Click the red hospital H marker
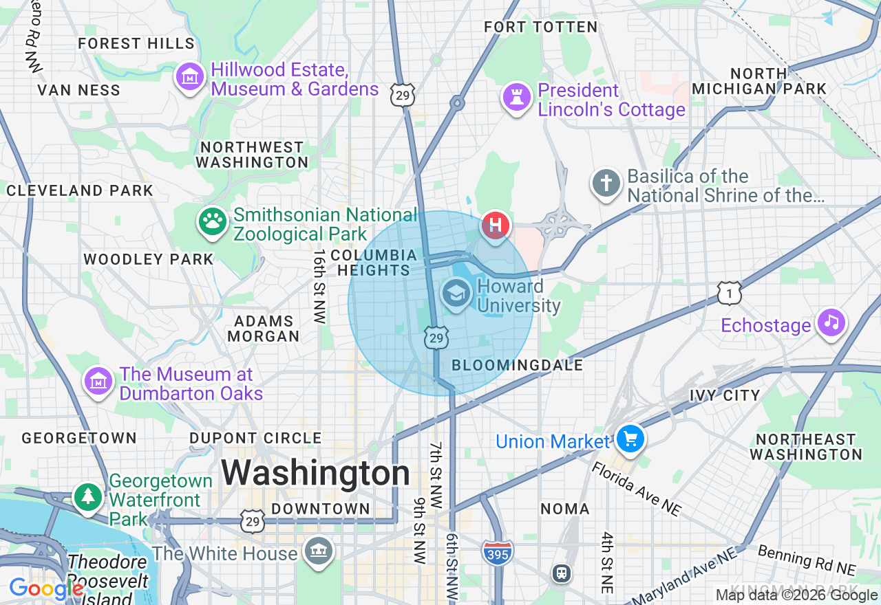pyautogui.click(x=495, y=225)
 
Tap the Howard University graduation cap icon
pyautogui.click(x=455, y=295)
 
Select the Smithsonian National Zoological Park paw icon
pyautogui.click(x=213, y=222)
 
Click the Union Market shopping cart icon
pyautogui.click(x=630, y=439)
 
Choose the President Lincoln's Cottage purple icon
pyautogui.click(x=516, y=97)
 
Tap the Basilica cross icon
pyautogui.click(x=606, y=184)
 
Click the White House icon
pyautogui.click(x=319, y=552)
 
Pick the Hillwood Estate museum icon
pyautogui.click(x=189, y=77)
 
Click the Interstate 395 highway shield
pyautogui.click(x=497, y=552)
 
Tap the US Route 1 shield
pyautogui.click(x=730, y=293)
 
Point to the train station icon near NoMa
pyautogui.click(x=562, y=573)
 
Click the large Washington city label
pyautogui.click(x=315, y=474)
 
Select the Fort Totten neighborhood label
pyautogui.click(x=541, y=27)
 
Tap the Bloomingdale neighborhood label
pyautogui.click(x=517, y=365)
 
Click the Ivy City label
pyautogui.click(x=725, y=395)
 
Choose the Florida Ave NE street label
pyautogui.click(x=636, y=488)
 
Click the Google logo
pyautogui.click(x=46, y=589)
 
